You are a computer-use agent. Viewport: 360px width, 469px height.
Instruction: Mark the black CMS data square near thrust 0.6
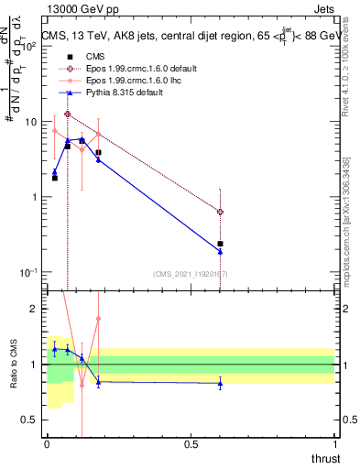[x=220, y=244]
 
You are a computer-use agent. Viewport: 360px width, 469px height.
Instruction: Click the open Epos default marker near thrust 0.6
[x=220, y=212]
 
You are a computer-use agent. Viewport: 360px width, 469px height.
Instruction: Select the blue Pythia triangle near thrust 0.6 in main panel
[x=220, y=251]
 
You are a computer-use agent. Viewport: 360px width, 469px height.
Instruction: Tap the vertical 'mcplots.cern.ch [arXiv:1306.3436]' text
[x=345, y=220]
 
